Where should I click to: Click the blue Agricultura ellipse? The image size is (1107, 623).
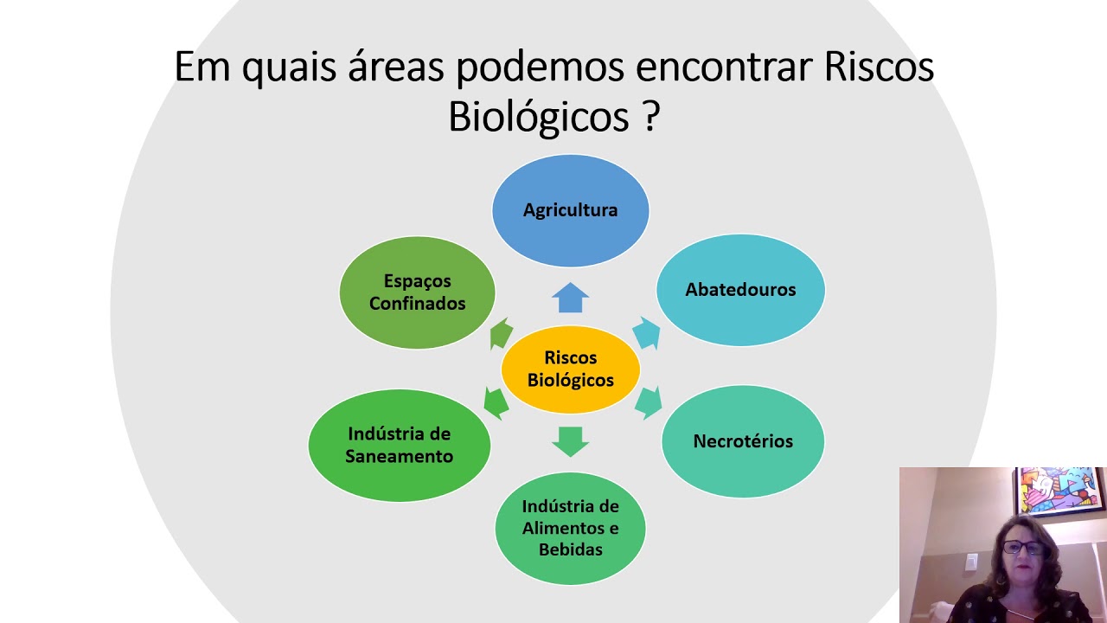pyautogui.click(x=570, y=210)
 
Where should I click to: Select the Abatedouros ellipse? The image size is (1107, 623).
pyautogui.click(x=740, y=290)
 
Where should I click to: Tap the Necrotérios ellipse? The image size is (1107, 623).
pyautogui.click(x=743, y=441)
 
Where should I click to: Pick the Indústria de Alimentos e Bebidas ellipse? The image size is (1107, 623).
pyautogui.click(x=570, y=528)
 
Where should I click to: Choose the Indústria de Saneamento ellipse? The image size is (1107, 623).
pyautogui.click(x=399, y=445)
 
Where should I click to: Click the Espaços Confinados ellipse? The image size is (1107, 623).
pyautogui.click(x=417, y=292)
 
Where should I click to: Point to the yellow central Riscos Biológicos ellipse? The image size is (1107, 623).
pyautogui.click(x=570, y=369)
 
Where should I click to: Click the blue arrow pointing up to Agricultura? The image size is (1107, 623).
pyautogui.click(x=570, y=298)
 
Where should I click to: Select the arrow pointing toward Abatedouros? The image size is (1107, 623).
pyautogui.click(x=647, y=332)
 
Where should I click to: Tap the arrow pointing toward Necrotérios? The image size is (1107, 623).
pyautogui.click(x=648, y=402)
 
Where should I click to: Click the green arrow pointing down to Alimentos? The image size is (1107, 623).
pyautogui.click(x=570, y=440)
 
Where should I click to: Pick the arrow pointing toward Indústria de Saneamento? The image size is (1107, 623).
pyautogui.click(x=496, y=403)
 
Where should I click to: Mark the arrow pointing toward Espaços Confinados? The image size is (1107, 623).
pyautogui.click(x=501, y=334)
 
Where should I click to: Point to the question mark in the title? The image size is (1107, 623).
pyautogui.click(x=651, y=117)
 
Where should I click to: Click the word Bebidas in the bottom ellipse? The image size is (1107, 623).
pyautogui.click(x=570, y=549)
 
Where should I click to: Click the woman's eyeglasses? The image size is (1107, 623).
pyautogui.click(x=1023, y=547)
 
